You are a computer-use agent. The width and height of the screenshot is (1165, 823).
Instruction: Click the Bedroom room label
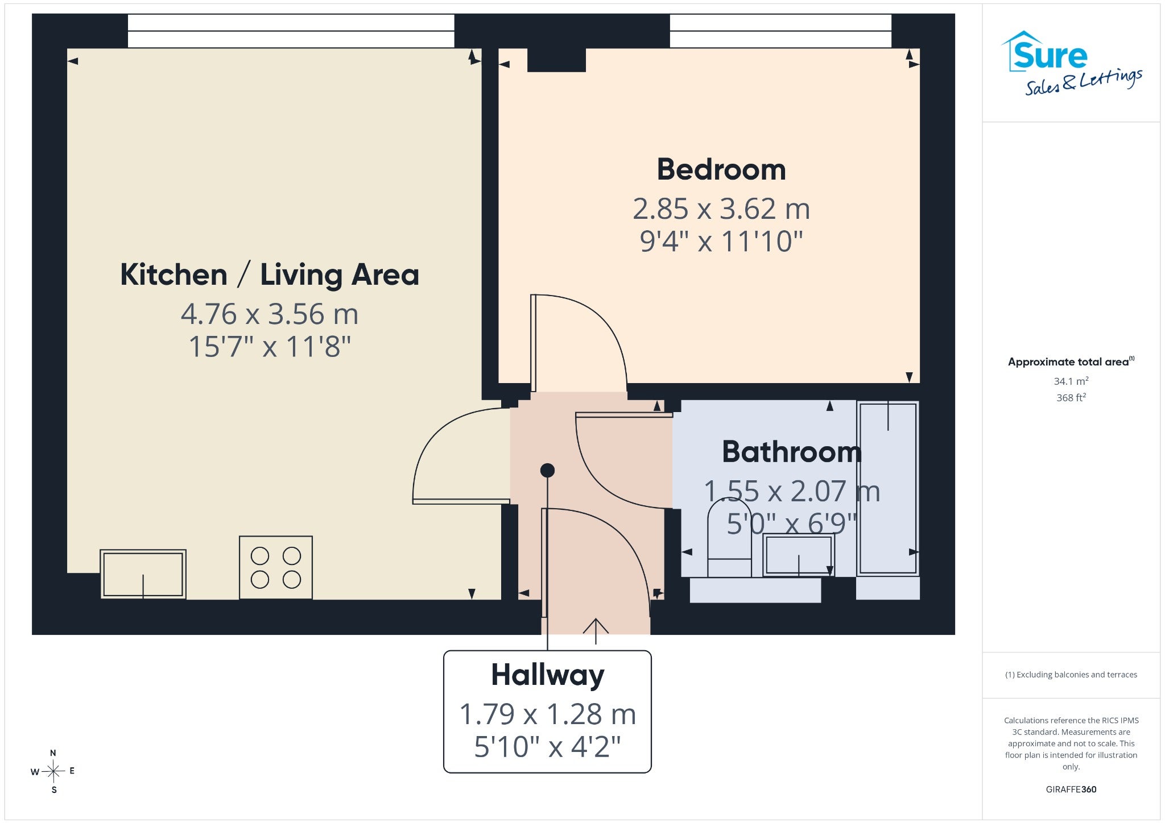point(721,169)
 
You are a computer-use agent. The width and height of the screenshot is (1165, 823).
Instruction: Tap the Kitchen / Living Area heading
point(270,275)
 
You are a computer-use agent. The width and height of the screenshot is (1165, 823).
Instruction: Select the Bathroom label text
point(792,452)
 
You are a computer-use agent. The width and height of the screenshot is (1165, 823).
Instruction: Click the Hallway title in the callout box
point(547,675)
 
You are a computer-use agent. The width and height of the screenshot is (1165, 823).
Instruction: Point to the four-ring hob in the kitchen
point(276,567)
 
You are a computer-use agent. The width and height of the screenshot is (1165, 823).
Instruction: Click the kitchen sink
point(143,574)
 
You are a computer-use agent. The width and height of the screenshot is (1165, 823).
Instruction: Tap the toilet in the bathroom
point(729,538)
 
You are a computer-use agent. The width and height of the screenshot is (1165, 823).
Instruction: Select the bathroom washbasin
point(798,555)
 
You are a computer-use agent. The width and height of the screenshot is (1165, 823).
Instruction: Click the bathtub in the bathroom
point(888,488)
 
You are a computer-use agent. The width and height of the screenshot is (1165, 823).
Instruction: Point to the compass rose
point(53,771)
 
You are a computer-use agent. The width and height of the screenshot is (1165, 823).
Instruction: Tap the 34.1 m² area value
point(1071,381)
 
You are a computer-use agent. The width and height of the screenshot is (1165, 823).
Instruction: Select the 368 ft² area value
point(1071,397)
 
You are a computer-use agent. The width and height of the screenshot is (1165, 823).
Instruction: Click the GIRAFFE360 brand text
point(1071,789)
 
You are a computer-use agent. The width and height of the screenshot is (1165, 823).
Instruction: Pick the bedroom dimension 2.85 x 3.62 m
point(721,209)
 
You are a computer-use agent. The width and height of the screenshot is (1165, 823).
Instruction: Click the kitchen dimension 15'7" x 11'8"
point(270,346)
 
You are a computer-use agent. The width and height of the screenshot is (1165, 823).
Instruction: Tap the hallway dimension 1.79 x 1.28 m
point(547,714)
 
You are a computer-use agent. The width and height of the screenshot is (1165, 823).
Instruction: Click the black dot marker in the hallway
point(547,470)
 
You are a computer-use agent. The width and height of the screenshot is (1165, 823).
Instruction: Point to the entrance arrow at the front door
point(596,631)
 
